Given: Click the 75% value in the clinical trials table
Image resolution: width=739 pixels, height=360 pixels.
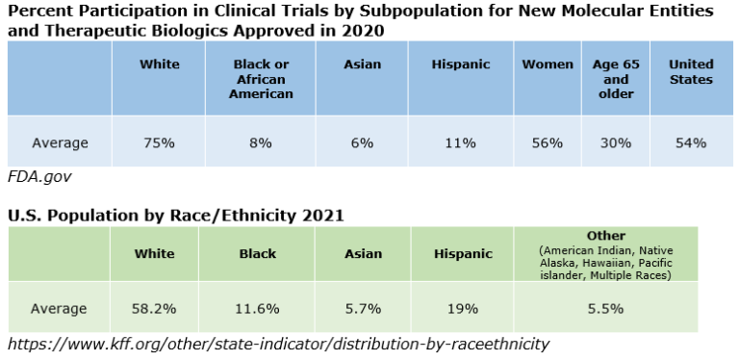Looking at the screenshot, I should click(159, 143).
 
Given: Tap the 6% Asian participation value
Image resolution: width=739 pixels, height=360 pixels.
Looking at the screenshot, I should click(362, 143).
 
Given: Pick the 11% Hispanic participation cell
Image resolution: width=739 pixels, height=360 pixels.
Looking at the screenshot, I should click(461, 143).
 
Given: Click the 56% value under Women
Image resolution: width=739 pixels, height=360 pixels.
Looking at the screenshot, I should click(548, 143).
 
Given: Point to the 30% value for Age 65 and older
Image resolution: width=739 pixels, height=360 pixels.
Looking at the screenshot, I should click(616, 143).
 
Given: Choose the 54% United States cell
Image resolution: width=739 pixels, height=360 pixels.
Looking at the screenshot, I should click(691, 143).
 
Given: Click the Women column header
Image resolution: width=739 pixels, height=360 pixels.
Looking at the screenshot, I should click(548, 64).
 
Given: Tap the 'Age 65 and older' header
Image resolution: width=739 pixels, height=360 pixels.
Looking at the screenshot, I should click(616, 79).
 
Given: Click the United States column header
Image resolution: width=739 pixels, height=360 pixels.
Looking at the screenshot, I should click(691, 72).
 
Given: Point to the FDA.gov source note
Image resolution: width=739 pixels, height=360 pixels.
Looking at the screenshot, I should click(39, 177).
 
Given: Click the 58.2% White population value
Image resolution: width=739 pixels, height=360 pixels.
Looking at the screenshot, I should click(155, 309).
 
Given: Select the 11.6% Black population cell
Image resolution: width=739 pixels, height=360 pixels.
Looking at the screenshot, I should click(257, 309).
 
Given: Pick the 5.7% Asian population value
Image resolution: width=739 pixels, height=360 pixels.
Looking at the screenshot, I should click(362, 309).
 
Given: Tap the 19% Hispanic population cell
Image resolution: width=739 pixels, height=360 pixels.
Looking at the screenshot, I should click(463, 309).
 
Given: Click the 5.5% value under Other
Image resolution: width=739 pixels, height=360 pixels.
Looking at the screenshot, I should click(605, 309).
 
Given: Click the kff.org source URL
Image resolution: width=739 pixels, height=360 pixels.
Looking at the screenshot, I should click(278, 344).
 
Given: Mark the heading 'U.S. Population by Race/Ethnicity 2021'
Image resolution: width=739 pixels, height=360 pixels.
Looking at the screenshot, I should click(176, 216).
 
